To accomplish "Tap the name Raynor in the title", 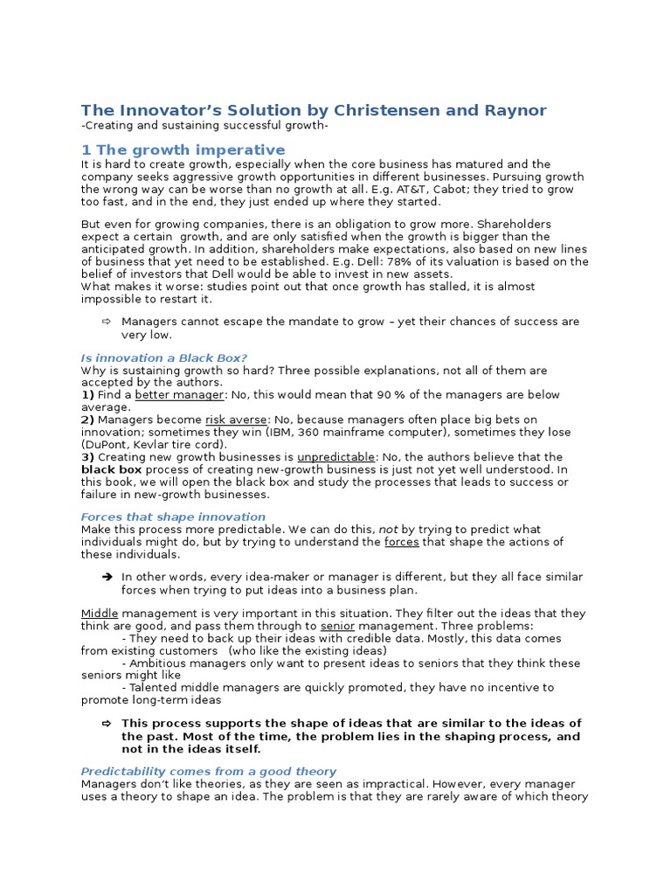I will tap(515, 110).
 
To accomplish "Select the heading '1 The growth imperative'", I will tap(183, 150).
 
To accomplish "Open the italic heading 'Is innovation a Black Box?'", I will tap(163, 357).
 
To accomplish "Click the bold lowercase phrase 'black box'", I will tap(111, 469).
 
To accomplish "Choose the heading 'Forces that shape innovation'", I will tap(173, 517).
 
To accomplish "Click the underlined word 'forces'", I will tap(402, 542).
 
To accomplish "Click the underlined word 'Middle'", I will tap(100, 614).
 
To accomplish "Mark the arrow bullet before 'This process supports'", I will tap(107, 724).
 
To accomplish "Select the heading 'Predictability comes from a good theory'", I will tap(208, 771).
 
